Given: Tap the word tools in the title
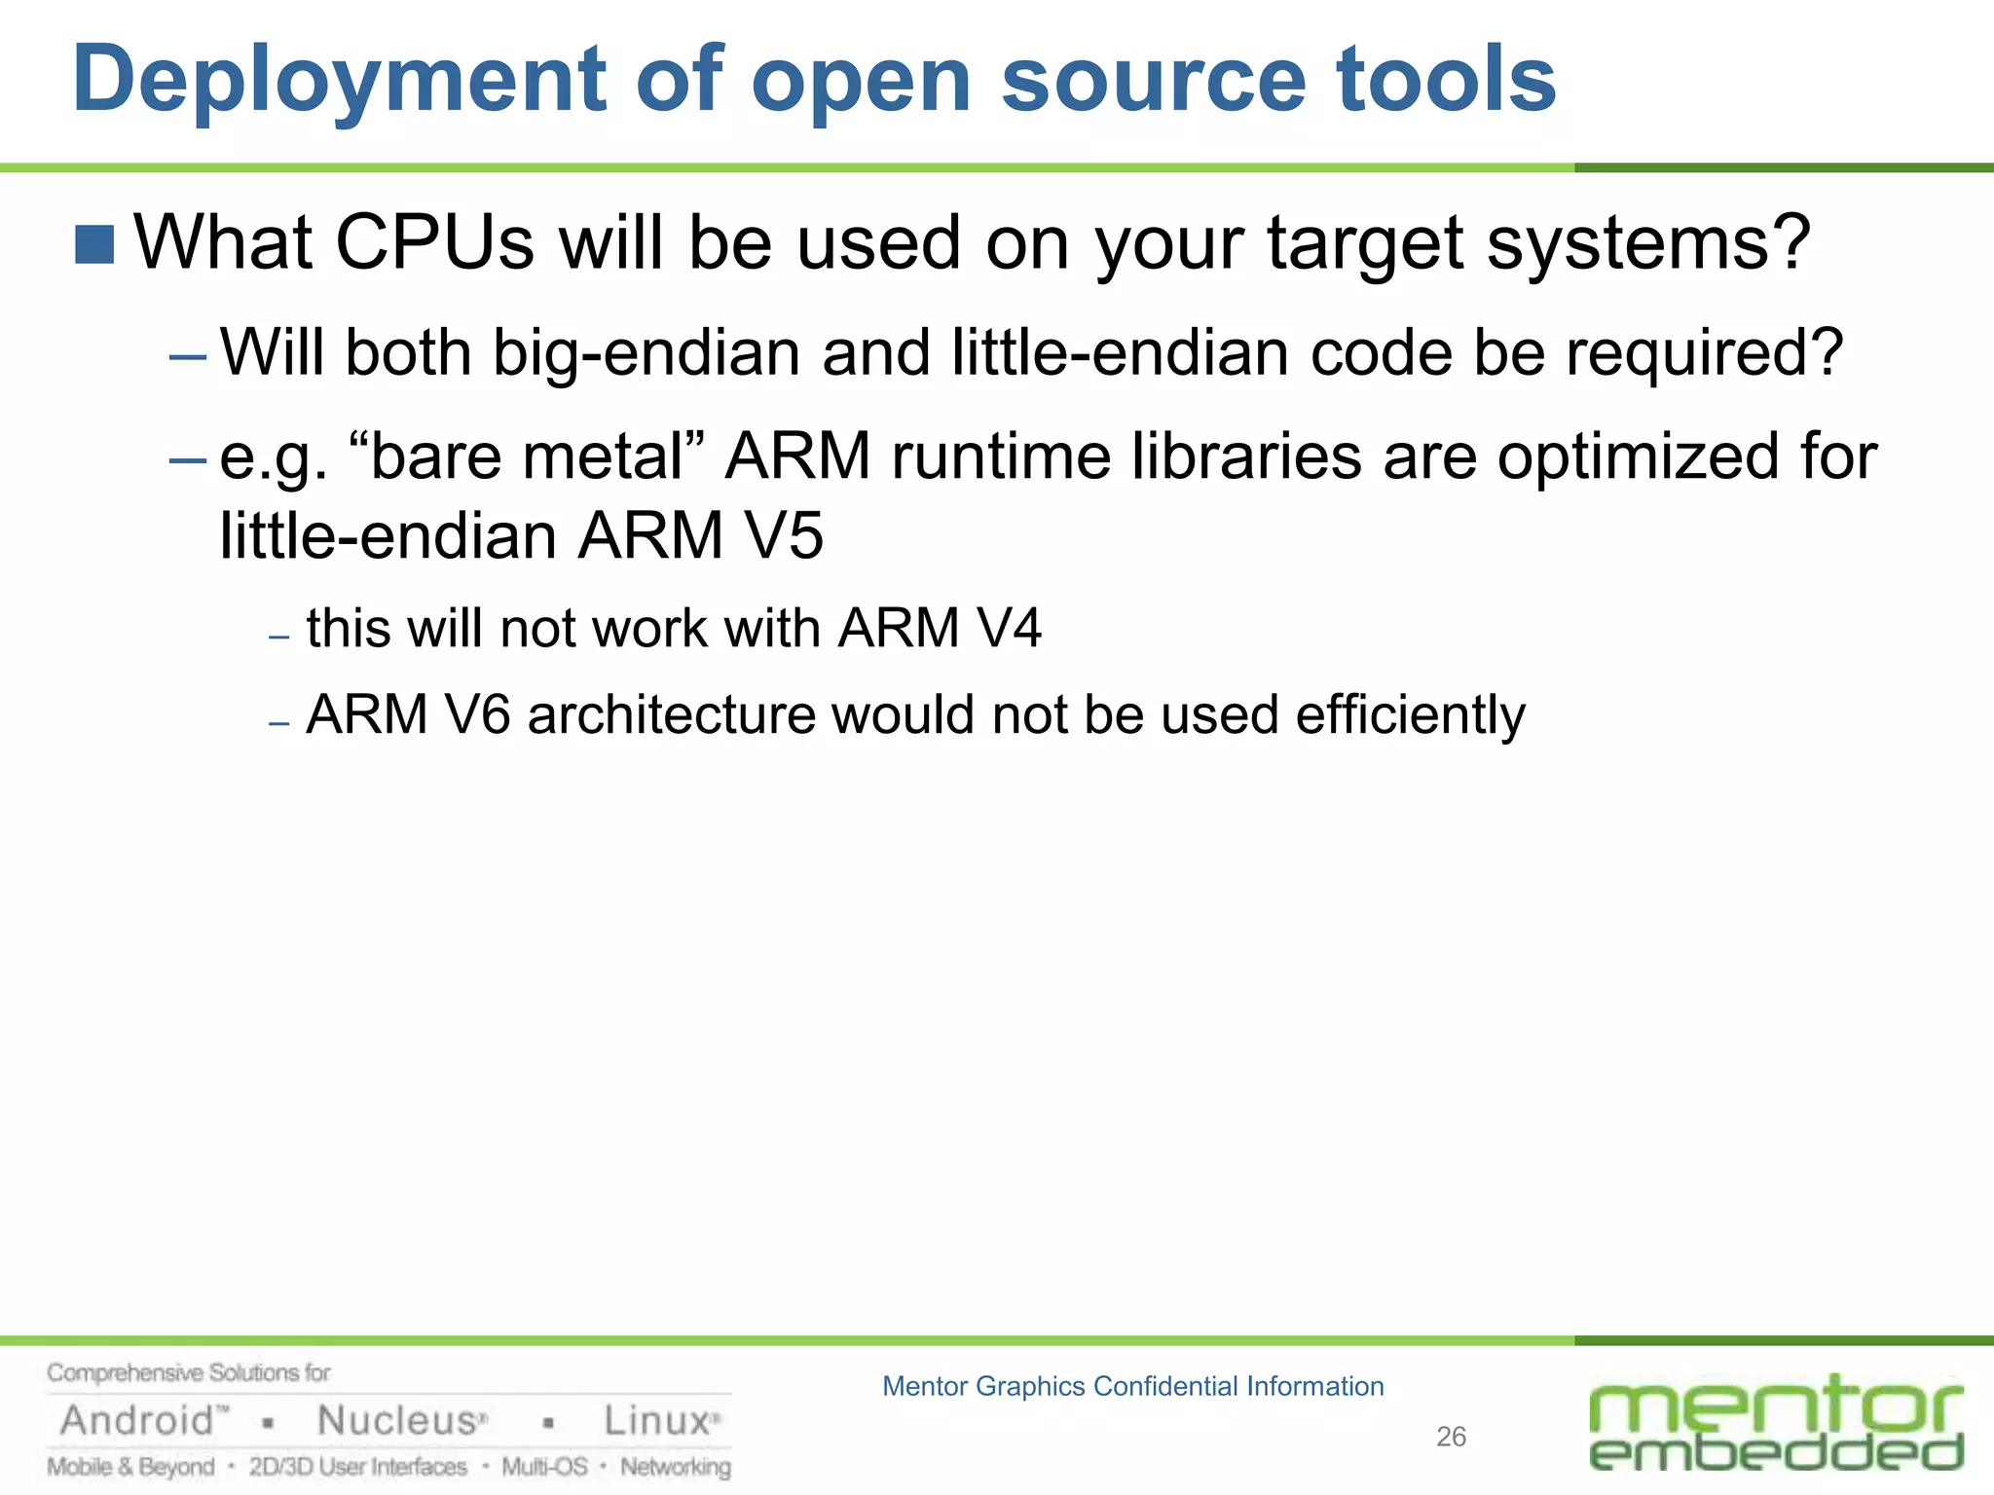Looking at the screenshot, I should pos(1446,79).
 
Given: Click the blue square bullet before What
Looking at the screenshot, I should pos(94,244).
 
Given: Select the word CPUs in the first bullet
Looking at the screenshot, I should pos(434,242).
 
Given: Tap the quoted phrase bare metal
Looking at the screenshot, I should pos(526,456).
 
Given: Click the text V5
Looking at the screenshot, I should pos(784,536).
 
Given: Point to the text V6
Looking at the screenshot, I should pos(476,715).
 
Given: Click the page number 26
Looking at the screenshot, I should pos(1451,1437).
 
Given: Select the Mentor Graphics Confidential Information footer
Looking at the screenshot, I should pos(1132,1386).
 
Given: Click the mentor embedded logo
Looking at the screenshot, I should pos(1776,1423).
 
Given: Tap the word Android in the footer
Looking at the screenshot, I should pos(137,1421).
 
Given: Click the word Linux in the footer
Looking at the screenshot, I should pos(656,1421).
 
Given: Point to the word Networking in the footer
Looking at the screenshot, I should pos(676,1467).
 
